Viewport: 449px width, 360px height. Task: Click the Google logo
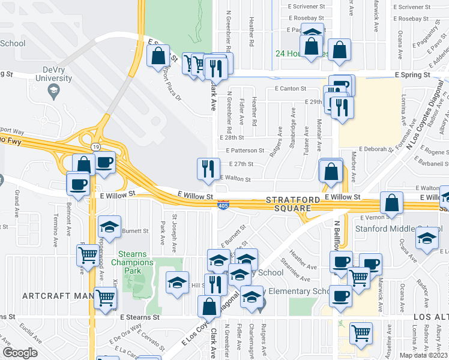click(20, 352)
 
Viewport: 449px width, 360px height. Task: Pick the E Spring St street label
click(413, 76)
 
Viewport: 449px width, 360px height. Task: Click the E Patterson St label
click(245, 151)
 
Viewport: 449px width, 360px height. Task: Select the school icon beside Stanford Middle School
click(426, 238)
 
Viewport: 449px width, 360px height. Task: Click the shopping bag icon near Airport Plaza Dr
click(158, 56)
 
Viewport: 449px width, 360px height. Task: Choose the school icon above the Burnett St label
click(109, 225)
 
